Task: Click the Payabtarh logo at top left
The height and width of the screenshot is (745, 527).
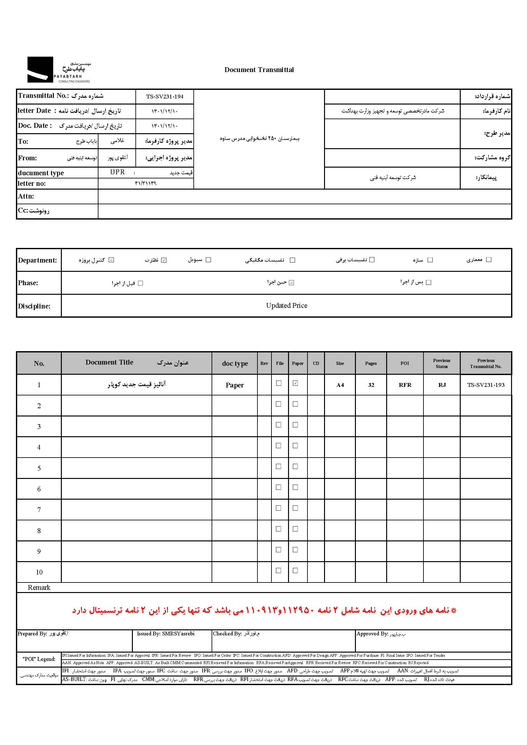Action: [58, 70]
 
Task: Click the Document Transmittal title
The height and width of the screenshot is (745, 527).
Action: [259, 70]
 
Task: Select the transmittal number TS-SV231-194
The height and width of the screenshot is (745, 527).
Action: [164, 97]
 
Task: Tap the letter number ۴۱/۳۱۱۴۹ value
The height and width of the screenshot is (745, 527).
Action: [146, 183]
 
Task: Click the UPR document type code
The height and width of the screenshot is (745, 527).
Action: [118, 172]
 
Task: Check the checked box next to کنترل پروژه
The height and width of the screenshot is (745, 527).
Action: [111, 260]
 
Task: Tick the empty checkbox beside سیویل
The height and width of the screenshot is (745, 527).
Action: [208, 260]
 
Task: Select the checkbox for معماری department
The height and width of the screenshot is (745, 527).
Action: [489, 260]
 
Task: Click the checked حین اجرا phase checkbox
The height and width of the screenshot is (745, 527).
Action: [292, 283]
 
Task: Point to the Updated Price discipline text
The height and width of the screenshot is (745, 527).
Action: [286, 306]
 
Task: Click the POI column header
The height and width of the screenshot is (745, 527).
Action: [405, 363]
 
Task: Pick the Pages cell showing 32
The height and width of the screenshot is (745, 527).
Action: [371, 385]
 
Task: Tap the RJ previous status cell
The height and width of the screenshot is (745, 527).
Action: [442, 385]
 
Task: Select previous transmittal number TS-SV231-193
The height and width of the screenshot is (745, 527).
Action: [486, 385]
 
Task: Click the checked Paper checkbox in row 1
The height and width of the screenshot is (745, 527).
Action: [295, 383]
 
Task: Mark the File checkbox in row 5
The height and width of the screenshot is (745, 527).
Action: [278, 467]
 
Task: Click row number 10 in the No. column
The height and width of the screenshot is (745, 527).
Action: [39, 572]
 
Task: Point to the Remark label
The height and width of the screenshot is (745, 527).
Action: [39, 588]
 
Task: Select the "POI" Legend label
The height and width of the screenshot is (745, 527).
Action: [39, 659]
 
